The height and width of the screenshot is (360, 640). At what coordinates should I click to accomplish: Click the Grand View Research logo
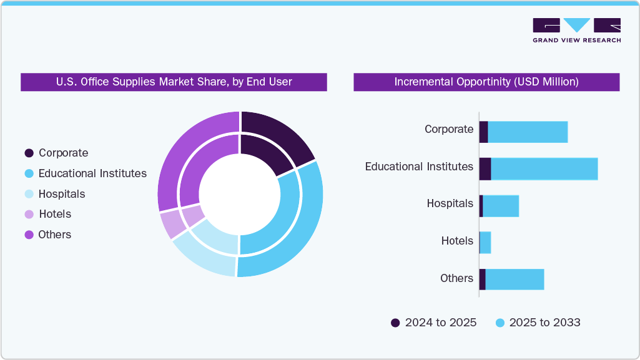(576, 30)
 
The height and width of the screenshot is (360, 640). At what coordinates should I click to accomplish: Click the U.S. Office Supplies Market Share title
(174, 82)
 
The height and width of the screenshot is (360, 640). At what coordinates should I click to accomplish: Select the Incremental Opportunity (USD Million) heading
(486, 82)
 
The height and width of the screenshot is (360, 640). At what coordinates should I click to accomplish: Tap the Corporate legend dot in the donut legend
(29, 153)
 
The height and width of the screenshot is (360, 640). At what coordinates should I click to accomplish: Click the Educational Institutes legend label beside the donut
(92, 173)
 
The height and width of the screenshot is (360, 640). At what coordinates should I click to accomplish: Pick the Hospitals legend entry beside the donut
(61, 194)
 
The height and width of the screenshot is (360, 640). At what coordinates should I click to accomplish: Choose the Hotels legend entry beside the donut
(55, 214)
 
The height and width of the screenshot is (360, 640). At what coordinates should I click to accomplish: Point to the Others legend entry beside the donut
(55, 235)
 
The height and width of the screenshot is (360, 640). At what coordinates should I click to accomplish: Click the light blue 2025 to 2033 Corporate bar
(528, 132)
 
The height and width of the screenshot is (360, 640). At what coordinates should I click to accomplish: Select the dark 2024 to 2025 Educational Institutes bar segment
(485, 169)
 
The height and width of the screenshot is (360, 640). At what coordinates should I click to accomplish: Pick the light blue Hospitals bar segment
(501, 206)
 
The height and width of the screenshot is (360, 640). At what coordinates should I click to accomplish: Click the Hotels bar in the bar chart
(485, 243)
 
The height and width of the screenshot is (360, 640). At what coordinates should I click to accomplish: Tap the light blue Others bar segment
(514, 280)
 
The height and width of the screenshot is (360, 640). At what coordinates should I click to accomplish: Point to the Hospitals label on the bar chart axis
(450, 203)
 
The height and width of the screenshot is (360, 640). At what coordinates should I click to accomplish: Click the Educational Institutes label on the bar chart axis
(419, 167)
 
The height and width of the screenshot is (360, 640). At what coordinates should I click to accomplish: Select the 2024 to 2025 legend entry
(433, 323)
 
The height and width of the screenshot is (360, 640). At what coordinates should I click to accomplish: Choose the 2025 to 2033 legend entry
(538, 323)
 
